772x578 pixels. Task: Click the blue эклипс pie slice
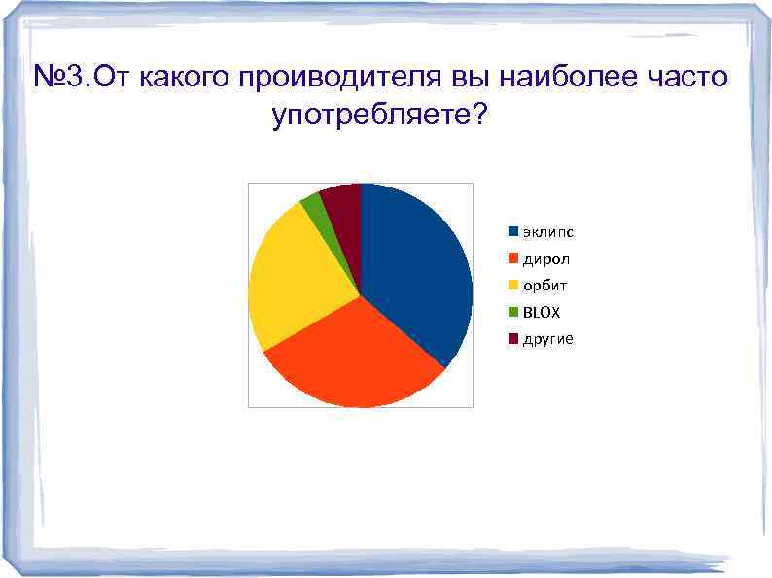(x=413, y=272)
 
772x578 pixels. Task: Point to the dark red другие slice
(x=343, y=201)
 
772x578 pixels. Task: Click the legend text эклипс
(x=547, y=232)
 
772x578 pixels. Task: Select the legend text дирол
(x=546, y=259)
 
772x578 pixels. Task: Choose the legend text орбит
(x=544, y=286)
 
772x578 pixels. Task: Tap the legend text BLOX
(x=542, y=313)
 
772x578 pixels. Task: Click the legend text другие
(x=547, y=339)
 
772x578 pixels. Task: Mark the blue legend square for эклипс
(x=511, y=232)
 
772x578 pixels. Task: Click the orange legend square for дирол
(x=511, y=259)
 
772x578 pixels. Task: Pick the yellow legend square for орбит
(x=511, y=286)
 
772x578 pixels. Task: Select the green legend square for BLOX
(x=511, y=313)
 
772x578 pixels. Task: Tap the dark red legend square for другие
(x=511, y=339)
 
